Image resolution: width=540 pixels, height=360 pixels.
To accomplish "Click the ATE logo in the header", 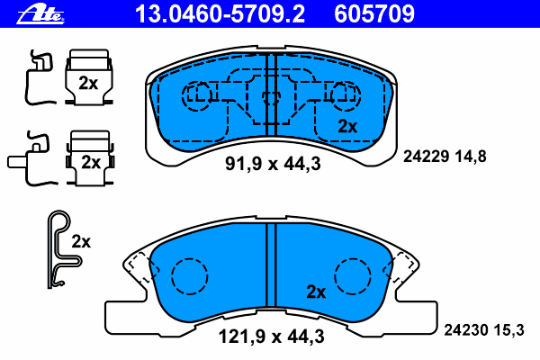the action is pos(40,14).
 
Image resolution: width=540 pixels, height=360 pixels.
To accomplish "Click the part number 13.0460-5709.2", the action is pos(220,14).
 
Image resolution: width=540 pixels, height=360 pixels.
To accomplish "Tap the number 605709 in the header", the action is pos(374,14).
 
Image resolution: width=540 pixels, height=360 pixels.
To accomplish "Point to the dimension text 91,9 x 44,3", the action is pos(273,163).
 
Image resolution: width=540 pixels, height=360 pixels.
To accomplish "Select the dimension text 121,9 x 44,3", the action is pos(272,336).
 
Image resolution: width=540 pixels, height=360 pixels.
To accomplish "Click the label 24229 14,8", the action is pos(445,157).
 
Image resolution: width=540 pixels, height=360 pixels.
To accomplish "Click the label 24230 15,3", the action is pos(484,330).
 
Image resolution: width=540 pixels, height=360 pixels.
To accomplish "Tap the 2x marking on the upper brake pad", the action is pos(347,126).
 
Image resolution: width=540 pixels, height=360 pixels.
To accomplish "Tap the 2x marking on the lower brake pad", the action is pos(316,292).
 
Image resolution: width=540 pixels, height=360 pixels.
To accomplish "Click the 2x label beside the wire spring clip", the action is pos(81,241).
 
